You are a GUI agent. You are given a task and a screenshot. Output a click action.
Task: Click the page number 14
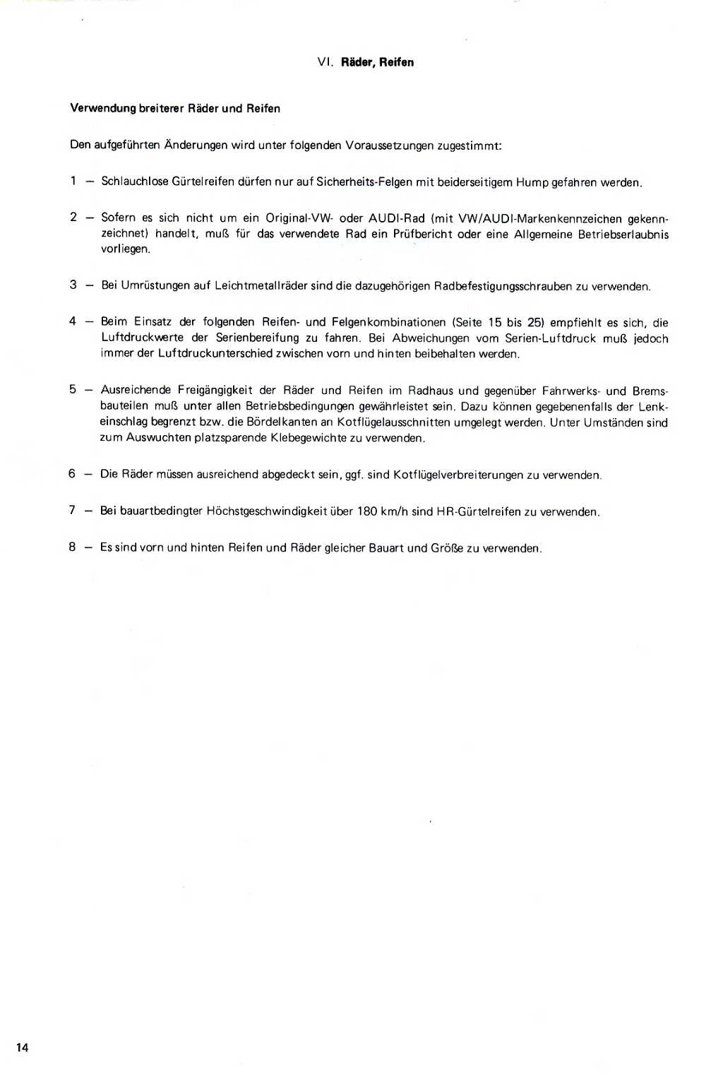(x=23, y=1047)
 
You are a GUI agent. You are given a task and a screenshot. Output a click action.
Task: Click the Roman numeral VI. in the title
(x=325, y=62)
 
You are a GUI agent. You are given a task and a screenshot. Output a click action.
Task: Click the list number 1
(x=73, y=181)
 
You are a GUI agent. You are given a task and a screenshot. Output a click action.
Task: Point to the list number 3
(x=73, y=285)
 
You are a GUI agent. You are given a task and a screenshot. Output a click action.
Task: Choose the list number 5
(x=73, y=389)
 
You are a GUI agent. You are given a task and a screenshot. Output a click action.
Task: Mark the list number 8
(x=72, y=547)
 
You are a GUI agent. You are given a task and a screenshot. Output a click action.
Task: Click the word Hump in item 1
(x=532, y=182)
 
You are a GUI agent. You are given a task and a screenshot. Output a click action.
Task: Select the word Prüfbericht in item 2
(x=422, y=234)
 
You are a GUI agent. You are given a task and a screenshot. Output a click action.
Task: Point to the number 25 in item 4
(x=535, y=323)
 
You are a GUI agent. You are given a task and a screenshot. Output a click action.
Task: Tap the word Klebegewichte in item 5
(x=308, y=438)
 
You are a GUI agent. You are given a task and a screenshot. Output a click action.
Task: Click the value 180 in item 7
(x=366, y=511)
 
